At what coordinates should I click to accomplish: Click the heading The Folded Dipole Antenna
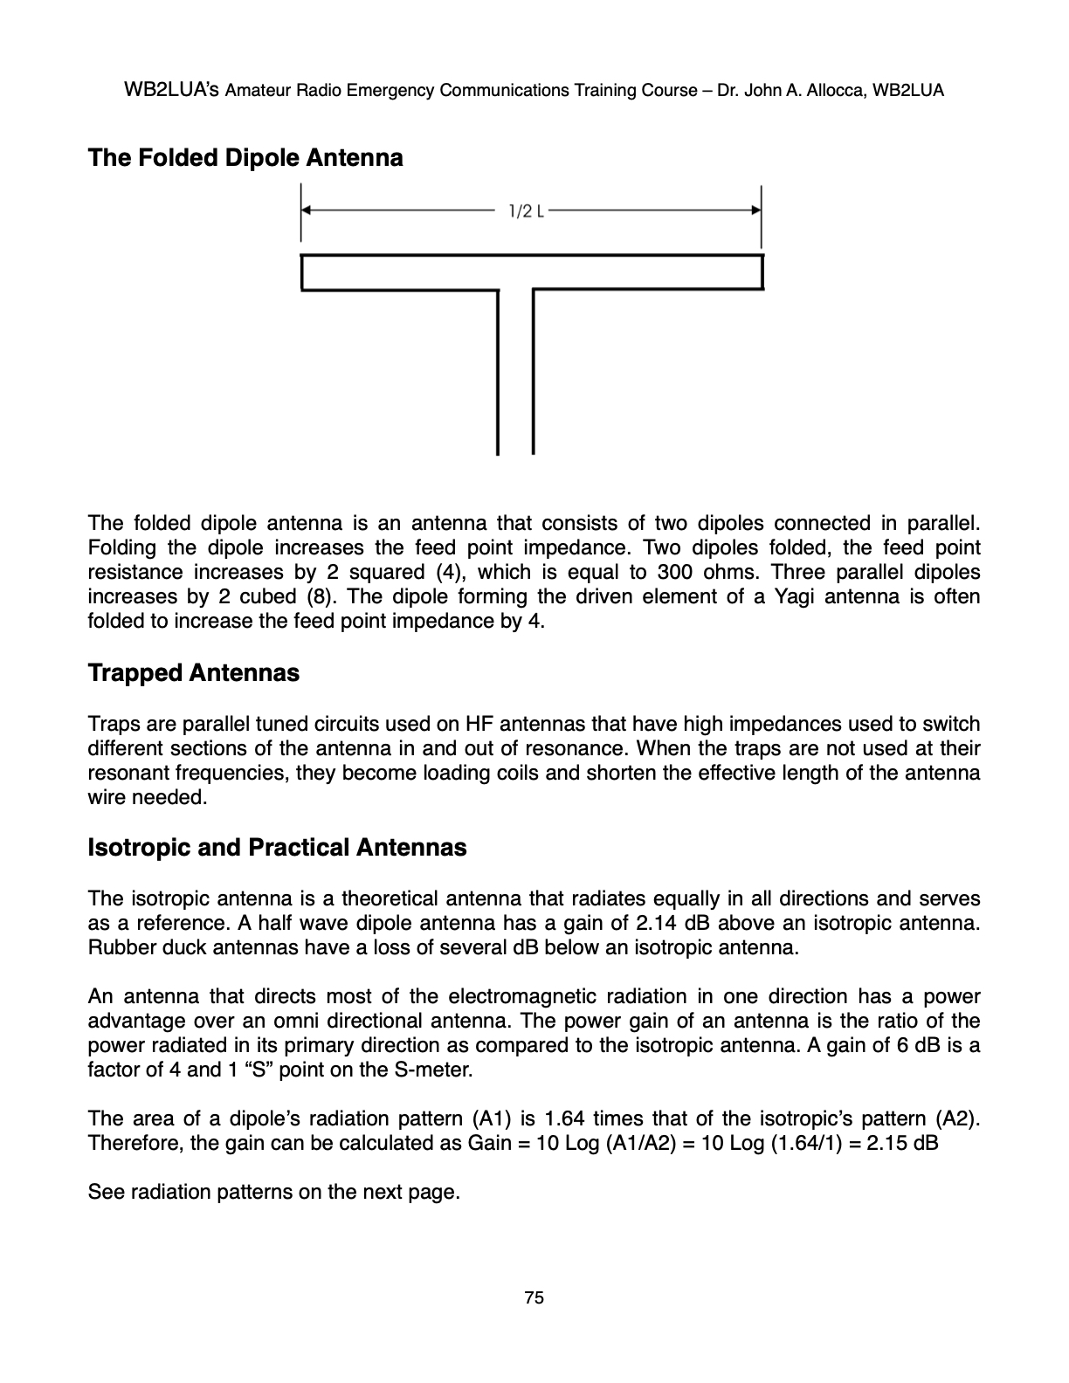click(245, 158)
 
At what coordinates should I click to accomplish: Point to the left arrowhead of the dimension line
click(307, 210)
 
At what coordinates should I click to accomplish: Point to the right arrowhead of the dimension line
click(756, 210)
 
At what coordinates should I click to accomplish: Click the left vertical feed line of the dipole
click(498, 371)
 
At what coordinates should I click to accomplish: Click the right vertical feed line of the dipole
click(533, 371)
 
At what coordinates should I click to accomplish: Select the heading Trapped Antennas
click(193, 673)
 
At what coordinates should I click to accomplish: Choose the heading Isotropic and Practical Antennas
click(277, 848)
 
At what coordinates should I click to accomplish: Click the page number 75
click(534, 1298)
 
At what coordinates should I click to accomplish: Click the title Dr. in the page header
click(728, 90)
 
